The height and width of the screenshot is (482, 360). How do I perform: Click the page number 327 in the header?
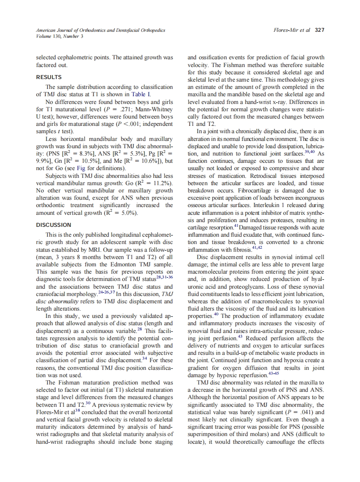coord(319,30)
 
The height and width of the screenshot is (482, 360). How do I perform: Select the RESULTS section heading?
coord(48,77)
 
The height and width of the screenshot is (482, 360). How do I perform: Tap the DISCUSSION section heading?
coord(54,225)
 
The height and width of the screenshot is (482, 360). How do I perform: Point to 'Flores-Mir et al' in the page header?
coord(292,30)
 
